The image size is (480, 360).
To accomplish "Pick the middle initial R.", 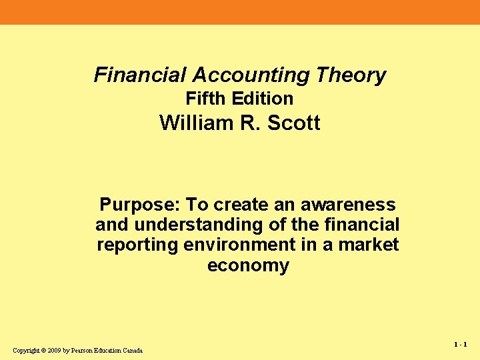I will click(x=251, y=123).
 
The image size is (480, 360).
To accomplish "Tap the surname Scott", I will click(x=293, y=123).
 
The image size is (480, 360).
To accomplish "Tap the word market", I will click(x=368, y=245).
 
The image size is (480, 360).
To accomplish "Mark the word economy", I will click(x=248, y=265).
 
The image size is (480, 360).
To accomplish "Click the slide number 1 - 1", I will click(x=460, y=345).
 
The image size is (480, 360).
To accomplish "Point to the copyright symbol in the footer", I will click(x=43, y=351).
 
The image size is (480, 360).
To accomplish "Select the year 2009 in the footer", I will click(x=54, y=351).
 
